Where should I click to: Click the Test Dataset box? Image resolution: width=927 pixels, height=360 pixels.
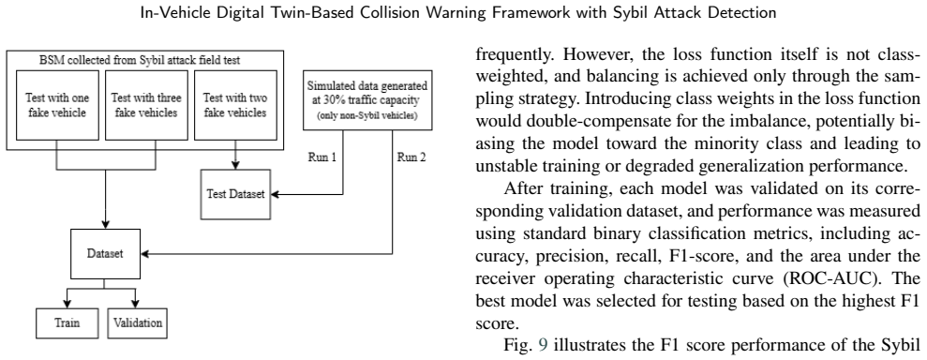pos(235,193)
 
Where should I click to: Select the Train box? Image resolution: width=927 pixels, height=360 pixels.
pos(67,322)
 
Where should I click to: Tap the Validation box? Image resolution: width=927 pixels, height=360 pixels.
pos(138,322)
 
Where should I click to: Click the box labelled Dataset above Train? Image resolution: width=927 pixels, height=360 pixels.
pos(105,254)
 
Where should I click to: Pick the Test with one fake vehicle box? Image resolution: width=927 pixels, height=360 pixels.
pos(57,105)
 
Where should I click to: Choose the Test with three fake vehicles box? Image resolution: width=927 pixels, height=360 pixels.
pos(146,105)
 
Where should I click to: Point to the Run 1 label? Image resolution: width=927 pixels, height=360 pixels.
pos(322,157)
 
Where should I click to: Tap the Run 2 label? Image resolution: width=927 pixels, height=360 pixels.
pos(411,157)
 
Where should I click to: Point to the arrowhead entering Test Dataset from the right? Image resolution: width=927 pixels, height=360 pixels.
pos(275,194)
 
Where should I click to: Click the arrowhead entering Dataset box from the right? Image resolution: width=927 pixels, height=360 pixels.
pos(145,254)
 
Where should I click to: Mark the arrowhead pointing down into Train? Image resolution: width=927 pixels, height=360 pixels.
pos(67,304)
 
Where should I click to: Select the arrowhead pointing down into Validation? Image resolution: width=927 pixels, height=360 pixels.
pos(137,304)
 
